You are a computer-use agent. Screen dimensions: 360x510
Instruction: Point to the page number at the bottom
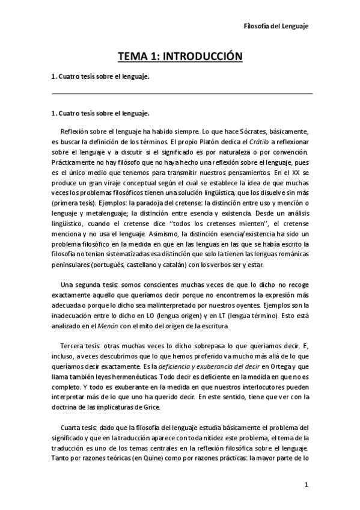(x=306, y=485)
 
